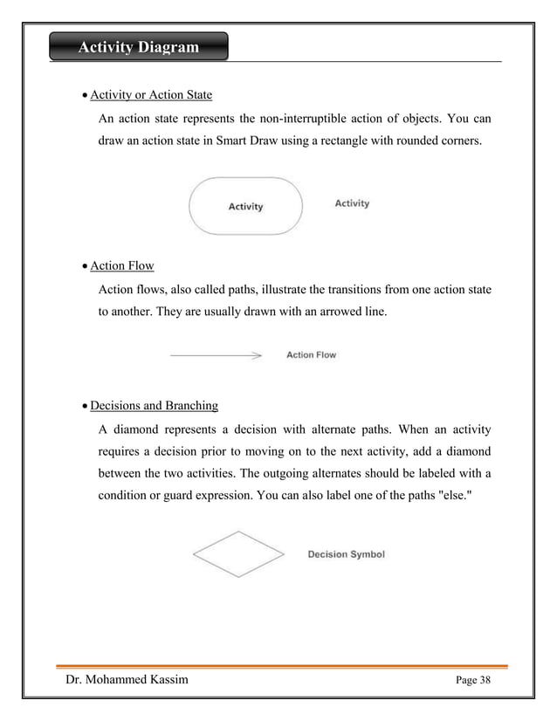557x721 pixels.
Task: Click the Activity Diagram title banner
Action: click(x=139, y=47)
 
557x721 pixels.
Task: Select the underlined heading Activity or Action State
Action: click(x=151, y=94)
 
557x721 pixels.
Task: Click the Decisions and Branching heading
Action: click(x=155, y=406)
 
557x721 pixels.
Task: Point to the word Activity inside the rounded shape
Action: click(x=245, y=207)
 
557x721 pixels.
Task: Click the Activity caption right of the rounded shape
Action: click(x=352, y=203)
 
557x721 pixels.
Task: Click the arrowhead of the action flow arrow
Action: click(x=257, y=356)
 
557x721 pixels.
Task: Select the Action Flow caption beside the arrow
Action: click(x=312, y=355)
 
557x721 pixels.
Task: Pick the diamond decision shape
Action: click(x=238, y=553)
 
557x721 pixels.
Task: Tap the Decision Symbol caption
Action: click(x=346, y=554)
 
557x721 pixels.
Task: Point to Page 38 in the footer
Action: click(x=472, y=681)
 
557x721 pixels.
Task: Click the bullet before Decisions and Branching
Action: click(x=85, y=407)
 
